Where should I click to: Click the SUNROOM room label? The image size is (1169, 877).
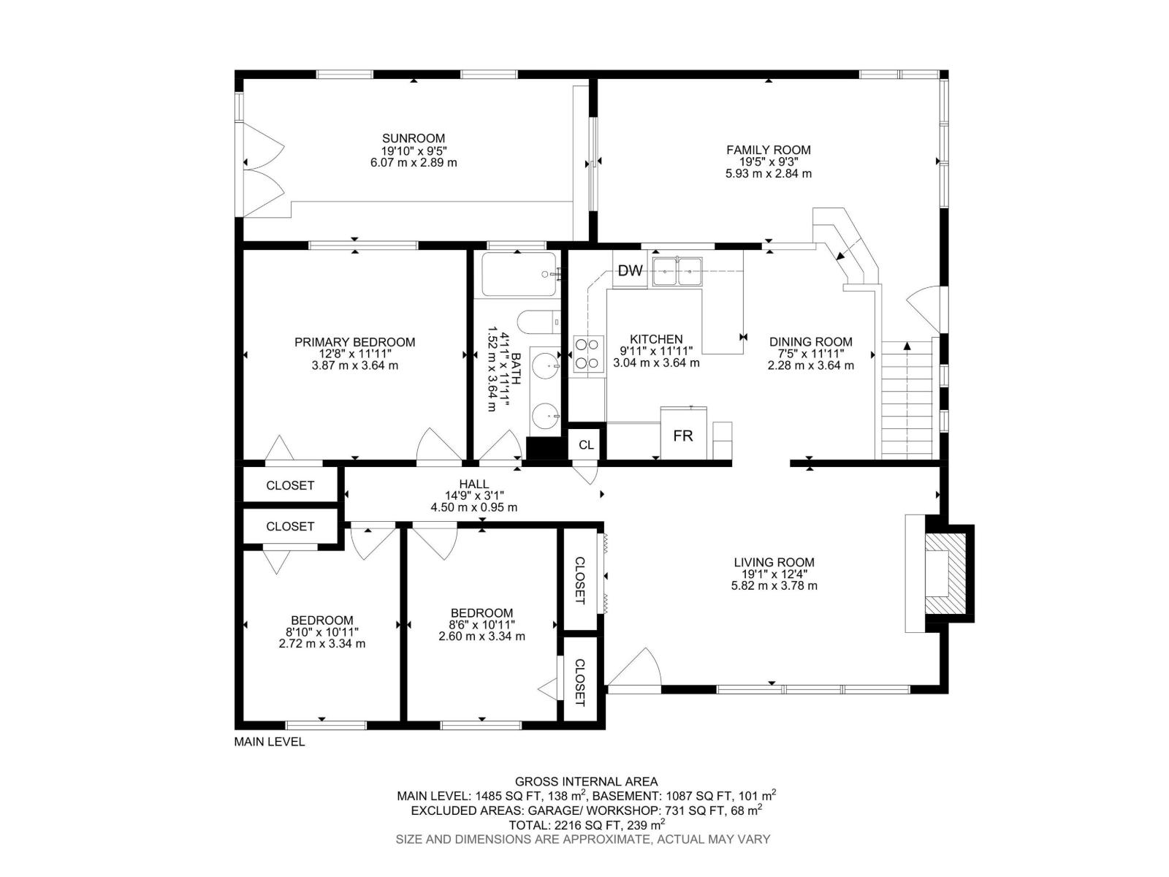pyautogui.click(x=414, y=138)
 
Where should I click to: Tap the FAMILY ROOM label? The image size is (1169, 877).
pyautogui.click(x=768, y=150)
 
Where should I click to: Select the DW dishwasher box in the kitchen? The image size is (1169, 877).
pyautogui.click(x=630, y=271)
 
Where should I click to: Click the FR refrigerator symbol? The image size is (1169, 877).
pyautogui.click(x=683, y=435)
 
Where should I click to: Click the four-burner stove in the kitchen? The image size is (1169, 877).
pyautogui.click(x=588, y=354)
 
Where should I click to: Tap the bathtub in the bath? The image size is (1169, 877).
pyautogui.click(x=519, y=274)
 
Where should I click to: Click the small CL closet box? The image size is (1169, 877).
pyautogui.click(x=586, y=444)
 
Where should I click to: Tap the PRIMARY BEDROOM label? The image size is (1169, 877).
pyautogui.click(x=354, y=342)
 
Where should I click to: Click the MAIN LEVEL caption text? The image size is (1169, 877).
pyautogui.click(x=269, y=742)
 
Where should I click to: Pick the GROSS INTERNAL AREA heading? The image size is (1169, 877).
pyautogui.click(x=586, y=781)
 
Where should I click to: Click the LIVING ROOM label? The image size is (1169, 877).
pyautogui.click(x=774, y=562)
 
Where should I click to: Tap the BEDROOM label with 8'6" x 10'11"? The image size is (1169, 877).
pyautogui.click(x=481, y=612)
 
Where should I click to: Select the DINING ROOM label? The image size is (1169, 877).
pyautogui.click(x=810, y=341)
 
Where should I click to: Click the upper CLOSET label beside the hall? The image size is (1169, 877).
pyautogui.click(x=290, y=485)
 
